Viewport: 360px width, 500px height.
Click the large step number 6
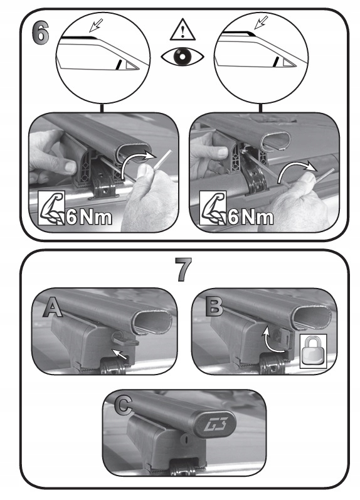point(41,33)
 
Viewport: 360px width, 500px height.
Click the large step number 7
point(184,270)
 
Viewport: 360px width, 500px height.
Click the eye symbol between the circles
point(182,56)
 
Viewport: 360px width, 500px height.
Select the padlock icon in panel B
point(313,351)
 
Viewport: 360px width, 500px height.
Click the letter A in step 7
point(53,306)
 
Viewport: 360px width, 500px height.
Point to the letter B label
point(214,306)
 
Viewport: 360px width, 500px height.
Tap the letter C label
point(123,405)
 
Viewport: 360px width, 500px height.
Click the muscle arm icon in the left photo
point(51,208)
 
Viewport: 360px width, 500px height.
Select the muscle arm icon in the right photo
point(213,208)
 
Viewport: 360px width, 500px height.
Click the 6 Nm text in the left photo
point(89,218)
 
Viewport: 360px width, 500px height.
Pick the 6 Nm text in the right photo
point(251,218)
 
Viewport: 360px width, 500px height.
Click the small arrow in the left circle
point(96,25)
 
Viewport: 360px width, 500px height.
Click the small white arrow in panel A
point(119,354)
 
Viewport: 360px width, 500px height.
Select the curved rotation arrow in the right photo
point(297,171)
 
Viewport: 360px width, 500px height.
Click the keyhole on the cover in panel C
point(186,439)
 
